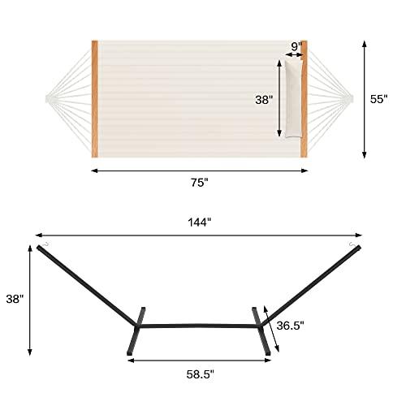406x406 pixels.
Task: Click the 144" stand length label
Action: click(199, 221)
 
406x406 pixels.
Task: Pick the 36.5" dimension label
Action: click(290, 326)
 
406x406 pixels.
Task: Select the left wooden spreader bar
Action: click(95, 98)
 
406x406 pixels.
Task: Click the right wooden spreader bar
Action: click(304, 98)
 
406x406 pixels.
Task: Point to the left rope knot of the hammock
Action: click(48, 98)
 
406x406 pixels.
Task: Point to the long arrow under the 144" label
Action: click(199, 235)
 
